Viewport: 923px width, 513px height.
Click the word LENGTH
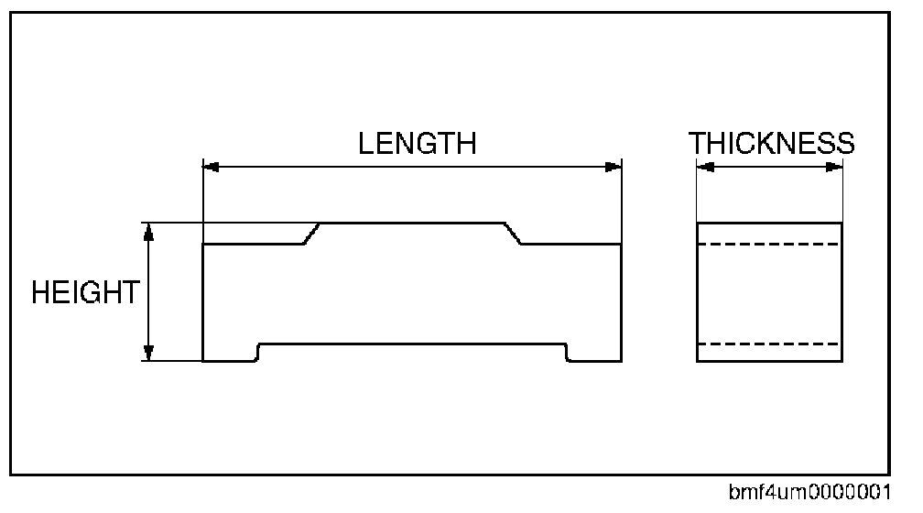pos(417,144)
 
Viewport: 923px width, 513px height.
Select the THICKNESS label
pos(772,144)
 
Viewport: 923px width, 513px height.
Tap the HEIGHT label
pos(85,293)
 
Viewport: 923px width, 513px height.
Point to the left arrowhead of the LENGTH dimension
pos(210,167)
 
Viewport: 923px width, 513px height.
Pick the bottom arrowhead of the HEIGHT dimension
pos(149,353)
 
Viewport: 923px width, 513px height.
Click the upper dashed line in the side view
pos(769,244)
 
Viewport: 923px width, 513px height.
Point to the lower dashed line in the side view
pos(769,344)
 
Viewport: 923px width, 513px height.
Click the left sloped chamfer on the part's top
pos(311,234)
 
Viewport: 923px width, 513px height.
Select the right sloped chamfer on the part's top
pos(514,234)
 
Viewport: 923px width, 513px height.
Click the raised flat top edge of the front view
pos(412,223)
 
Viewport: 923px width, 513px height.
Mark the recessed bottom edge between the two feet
pos(412,344)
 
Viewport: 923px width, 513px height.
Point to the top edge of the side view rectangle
pos(769,223)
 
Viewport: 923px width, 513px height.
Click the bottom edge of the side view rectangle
pos(769,361)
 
